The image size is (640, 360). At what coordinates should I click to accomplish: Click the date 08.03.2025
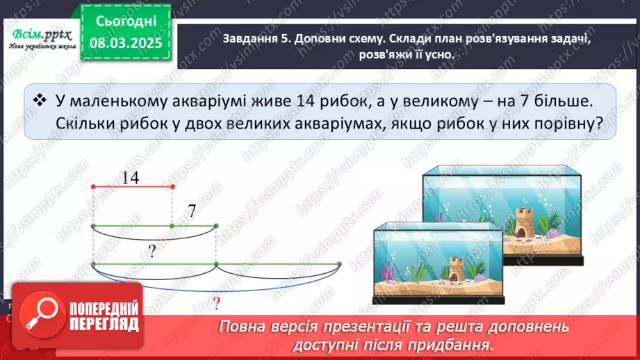126,43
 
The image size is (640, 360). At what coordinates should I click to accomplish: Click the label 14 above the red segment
130,178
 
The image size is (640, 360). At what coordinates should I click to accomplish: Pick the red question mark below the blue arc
216,303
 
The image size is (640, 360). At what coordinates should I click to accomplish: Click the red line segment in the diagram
132,186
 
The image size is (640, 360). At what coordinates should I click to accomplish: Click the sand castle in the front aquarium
456,270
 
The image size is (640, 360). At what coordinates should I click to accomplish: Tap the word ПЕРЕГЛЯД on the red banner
105,325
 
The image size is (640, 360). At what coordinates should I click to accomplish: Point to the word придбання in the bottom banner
455,343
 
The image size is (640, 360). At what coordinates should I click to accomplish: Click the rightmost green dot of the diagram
339,264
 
